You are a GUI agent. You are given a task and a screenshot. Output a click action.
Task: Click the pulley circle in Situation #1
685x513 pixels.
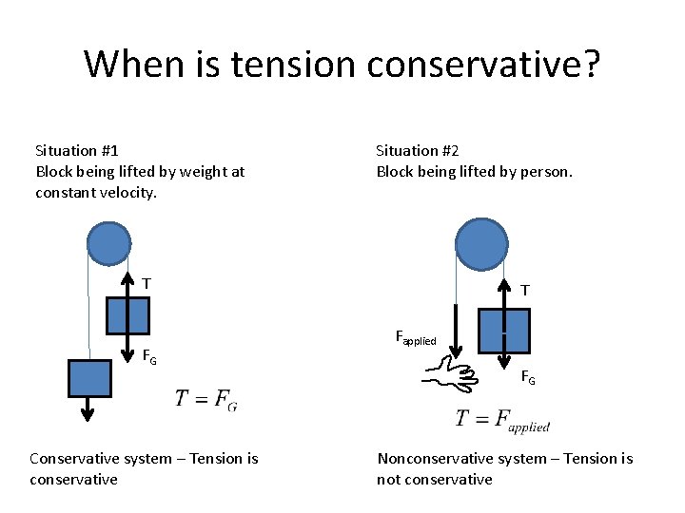(x=108, y=242)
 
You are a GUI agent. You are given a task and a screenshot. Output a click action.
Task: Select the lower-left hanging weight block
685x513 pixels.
(x=89, y=377)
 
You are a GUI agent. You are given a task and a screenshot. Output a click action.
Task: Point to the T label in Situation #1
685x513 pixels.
(x=147, y=283)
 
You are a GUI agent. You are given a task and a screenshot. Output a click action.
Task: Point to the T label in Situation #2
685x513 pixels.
(x=525, y=290)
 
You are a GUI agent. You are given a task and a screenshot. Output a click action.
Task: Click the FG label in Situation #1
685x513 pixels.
(x=149, y=358)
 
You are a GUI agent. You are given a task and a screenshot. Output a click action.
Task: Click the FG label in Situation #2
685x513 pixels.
(x=527, y=378)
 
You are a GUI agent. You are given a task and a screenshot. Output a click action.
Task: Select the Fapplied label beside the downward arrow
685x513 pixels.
(x=415, y=337)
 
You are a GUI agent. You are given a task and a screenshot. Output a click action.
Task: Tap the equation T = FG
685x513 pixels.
(x=206, y=400)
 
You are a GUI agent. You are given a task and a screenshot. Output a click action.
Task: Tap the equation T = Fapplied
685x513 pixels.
(x=502, y=420)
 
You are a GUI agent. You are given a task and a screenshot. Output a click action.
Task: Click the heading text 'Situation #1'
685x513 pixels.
(x=76, y=150)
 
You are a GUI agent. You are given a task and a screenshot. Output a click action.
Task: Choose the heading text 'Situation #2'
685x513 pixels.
(x=418, y=150)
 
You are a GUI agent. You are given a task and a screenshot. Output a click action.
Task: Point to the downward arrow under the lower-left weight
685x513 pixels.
(x=88, y=408)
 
